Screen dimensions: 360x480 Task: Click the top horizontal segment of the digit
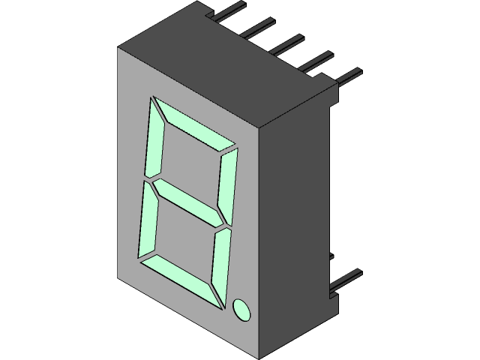(x=195, y=125)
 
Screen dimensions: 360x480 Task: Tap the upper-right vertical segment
(x=227, y=184)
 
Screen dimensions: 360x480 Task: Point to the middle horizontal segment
(x=187, y=201)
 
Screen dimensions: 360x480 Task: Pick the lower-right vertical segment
(x=221, y=266)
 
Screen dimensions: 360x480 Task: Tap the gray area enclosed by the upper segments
(x=191, y=161)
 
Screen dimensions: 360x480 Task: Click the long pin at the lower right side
(x=345, y=280)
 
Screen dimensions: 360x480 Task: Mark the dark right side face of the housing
(x=296, y=225)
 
